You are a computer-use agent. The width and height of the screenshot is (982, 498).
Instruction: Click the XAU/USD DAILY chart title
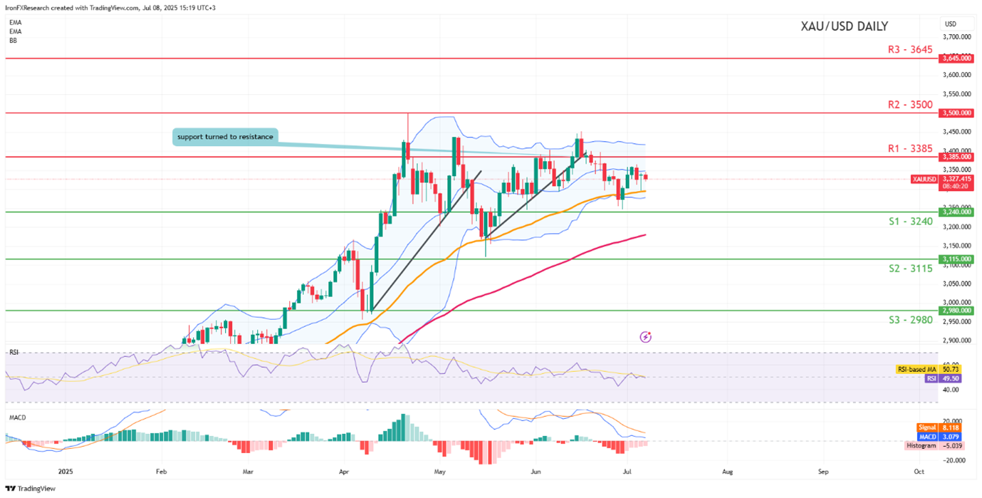pos(844,27)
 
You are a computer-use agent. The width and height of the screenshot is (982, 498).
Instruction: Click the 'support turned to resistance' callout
pos(224,137)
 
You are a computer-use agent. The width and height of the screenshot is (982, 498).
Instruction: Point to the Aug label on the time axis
pos(727,472)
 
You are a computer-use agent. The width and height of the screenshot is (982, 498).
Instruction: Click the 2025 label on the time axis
pos(66,472)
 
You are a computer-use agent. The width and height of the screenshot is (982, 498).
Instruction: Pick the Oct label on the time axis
pos(919,472)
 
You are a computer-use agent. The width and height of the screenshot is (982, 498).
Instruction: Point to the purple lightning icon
pos(646,337)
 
